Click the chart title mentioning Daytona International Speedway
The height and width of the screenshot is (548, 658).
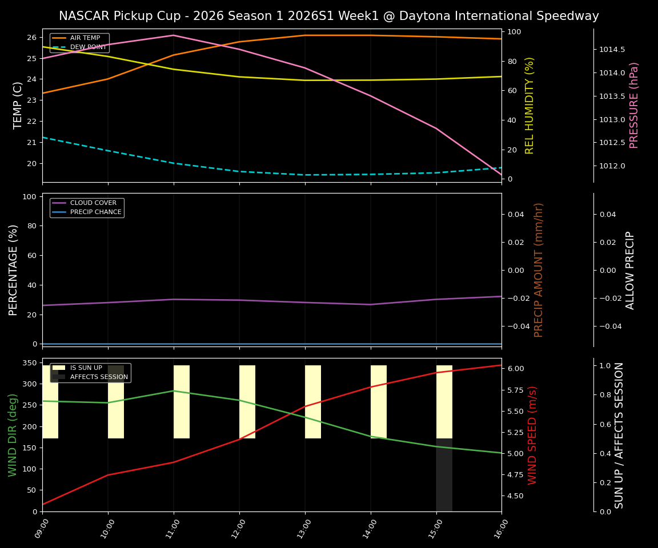tap(328, 16)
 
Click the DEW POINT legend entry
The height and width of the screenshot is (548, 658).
tap(86, 47)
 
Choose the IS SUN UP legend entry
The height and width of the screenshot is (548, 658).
tap(86, 368)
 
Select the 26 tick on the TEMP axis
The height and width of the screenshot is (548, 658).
tap(33, 38)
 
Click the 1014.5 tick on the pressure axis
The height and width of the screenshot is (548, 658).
tap(612, 50)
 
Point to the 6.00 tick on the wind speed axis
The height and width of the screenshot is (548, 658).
tap(516, 369)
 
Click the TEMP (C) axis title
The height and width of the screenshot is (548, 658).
tap(18, 105)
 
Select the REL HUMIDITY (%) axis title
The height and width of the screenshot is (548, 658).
tap(529, 105)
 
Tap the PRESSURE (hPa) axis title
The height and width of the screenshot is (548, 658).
tap(634, 105)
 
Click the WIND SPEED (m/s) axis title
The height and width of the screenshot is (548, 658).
tap(532, 435)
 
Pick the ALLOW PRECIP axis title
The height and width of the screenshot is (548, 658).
tap(630, 270)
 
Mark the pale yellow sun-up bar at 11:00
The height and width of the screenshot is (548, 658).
tap(182, 402)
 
